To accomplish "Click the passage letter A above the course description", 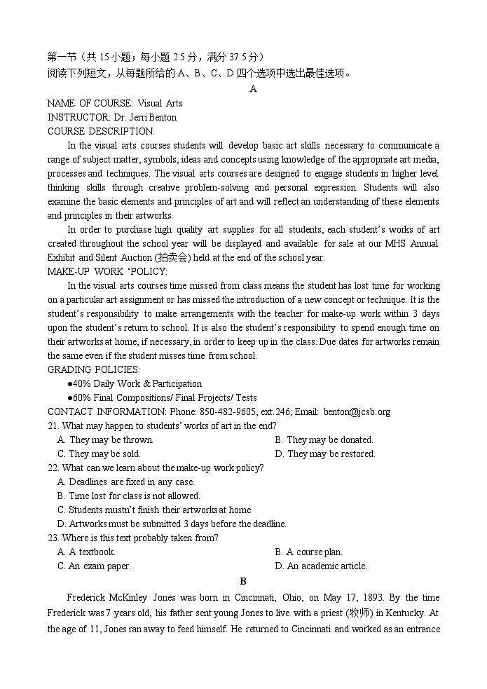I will point(253,89).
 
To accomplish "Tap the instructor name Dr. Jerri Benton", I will point(144,117).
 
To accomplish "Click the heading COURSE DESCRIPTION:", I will point(101,131).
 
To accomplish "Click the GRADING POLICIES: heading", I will point(93,369).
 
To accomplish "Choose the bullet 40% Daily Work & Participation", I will point(135,383).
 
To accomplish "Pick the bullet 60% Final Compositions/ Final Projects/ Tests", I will point(162,397).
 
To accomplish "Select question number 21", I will point(53,425).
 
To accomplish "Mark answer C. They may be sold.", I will point(99,453).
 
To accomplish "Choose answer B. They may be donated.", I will point(324,439).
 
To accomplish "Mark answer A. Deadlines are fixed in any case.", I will point(126,482).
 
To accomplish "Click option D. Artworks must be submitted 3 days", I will point(172,524).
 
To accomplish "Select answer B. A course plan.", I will point(308,552).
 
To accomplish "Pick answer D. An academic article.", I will point(321,566).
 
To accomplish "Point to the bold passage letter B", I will point(243,581).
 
